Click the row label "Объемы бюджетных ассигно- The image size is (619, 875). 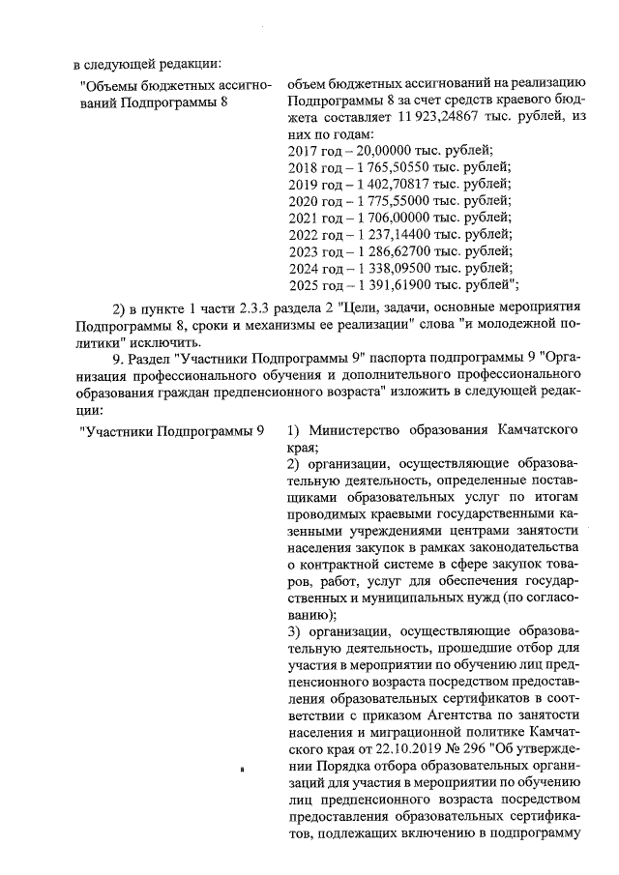(175, 87)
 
